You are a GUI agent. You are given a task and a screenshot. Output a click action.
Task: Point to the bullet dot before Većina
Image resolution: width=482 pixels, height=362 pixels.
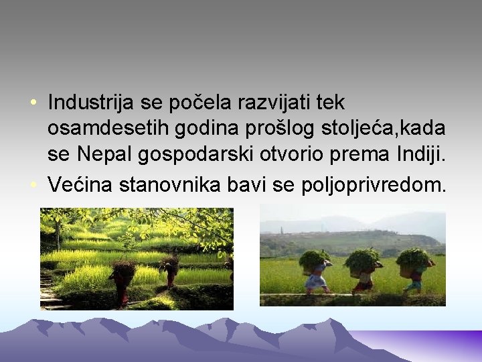click(32, 184)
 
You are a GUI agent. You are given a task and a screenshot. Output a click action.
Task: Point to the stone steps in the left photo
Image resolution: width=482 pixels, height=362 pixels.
click(48, 295)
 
